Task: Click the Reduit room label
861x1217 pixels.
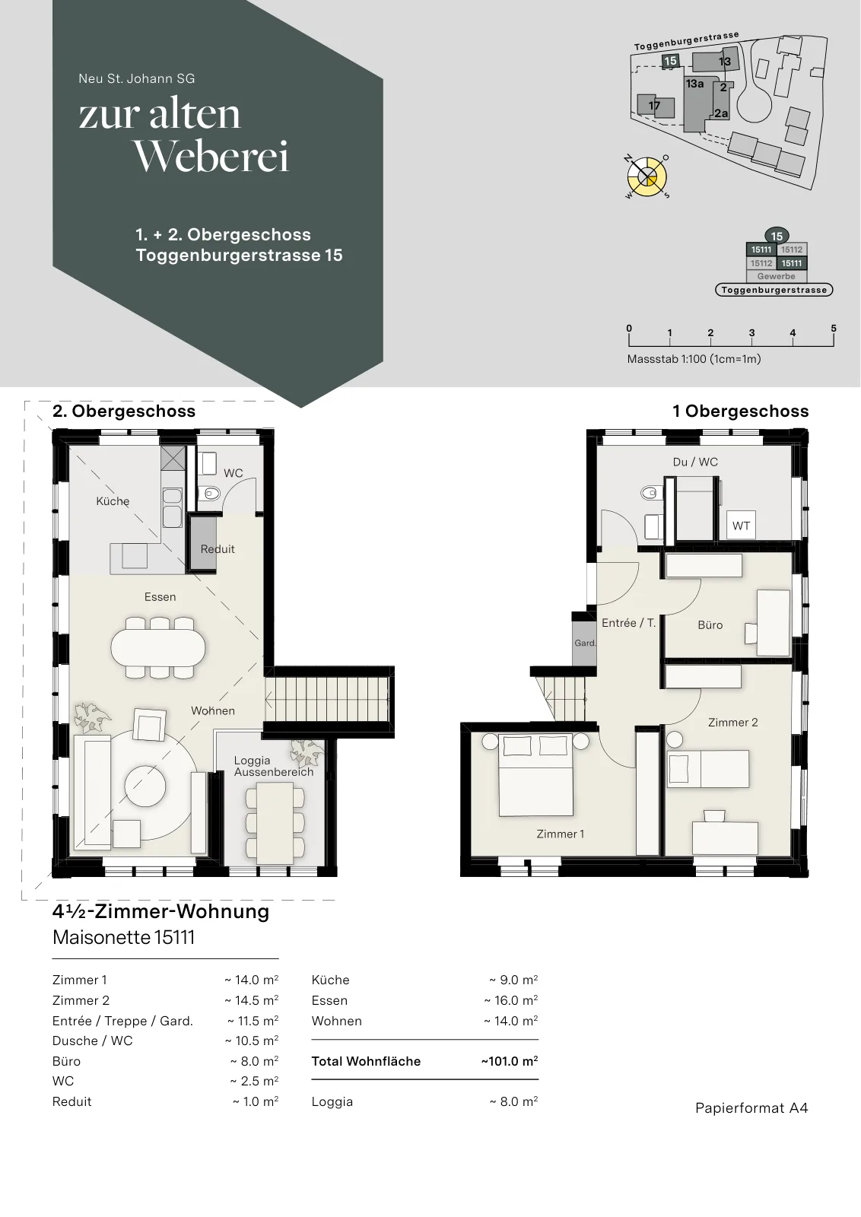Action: click(218, 548)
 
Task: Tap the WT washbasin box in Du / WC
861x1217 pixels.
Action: click(741, 526)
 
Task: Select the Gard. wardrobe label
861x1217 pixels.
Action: click(585, 643)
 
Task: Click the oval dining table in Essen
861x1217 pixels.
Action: click(158, 647)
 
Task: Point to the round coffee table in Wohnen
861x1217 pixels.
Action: click(145, 786)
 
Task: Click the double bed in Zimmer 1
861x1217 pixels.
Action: click(536, 774)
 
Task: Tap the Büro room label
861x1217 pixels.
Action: click(710, 624)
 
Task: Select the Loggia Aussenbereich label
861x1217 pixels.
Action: click(274, 766)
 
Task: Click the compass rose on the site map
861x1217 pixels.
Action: click(647, 176)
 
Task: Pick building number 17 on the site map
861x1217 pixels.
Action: click(654, 106)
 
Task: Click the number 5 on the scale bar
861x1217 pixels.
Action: click(834, 328)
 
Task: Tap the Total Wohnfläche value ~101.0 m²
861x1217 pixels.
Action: click(509, 1061)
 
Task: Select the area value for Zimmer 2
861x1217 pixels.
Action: click(252, 1000)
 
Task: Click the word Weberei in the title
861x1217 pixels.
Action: click(211, 157)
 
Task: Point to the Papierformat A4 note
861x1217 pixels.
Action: click(751, 1107)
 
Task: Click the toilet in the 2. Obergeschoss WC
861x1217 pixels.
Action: click(209, 494)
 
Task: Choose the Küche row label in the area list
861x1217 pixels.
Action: click(330, 980)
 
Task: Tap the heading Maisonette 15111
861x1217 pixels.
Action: click(123, 937)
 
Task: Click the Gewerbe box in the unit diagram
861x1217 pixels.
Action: click(777, 276)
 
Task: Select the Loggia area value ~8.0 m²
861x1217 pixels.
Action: click(514, 1101)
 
